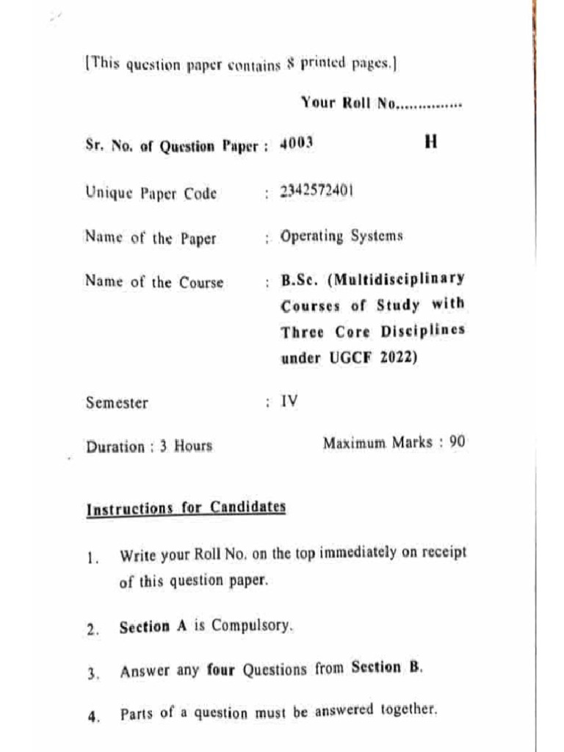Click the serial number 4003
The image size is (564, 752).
coord(297,143)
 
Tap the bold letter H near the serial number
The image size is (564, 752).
coord(431,142)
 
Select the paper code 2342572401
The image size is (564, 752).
coord(317,192)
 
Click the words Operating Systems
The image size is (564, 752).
coord(341,236)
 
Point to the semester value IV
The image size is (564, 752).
coord(289,402)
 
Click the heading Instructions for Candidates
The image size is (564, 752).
coord(186,508)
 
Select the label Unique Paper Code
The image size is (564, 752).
coord(151,194)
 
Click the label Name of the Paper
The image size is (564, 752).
coord(151,238)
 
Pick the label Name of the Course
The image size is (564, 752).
coord(154,282)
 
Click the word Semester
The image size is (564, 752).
coord(117,402)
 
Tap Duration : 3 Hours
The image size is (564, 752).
coord(149,446)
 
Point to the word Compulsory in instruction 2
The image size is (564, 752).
coord(254,627)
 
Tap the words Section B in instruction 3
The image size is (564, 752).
coord(386,668)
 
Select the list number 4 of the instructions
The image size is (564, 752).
coord(92,717)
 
